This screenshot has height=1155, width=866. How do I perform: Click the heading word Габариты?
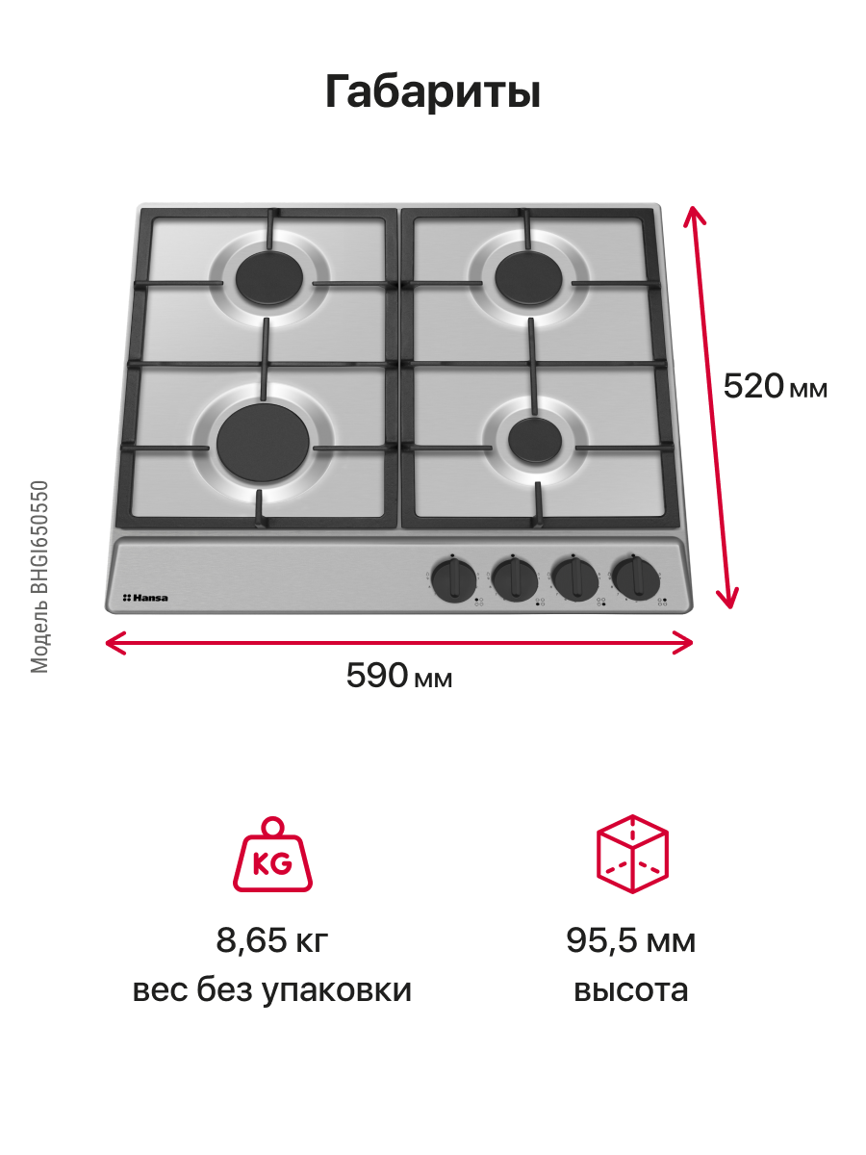pyautogui.click(x=432, y=91)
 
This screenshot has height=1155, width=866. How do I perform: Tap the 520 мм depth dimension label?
pyautogui.click(x=776, y=386)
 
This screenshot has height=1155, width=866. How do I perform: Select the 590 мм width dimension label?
pyautogui.click(x=399, y=675)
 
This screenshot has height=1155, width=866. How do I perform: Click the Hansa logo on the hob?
pyautogui.click(x=145, y=598)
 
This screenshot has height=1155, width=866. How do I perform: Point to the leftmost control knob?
pyautogui.click(x=454, y=580)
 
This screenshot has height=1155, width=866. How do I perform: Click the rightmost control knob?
pyautogui.click(x=636, y=577)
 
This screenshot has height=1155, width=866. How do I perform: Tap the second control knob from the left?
pyautogui.click(x=515, y=579)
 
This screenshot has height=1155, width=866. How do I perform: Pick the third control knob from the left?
pyautogui.click(x=575, y=578)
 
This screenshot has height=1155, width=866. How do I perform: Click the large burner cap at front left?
pyautogui.click(x=263, y=443)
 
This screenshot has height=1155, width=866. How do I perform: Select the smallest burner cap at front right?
pyautogui.click(x=535, y=441)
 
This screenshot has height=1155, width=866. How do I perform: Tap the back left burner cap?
pyautogui.click(x=269, y=278)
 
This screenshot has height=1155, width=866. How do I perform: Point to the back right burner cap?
pyautogui.click(x=528, y=277)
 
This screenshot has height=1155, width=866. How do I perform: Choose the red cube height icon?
pyautogui.click(x=632, y=854)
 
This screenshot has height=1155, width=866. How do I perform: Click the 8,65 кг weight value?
pyautogui.click(x=272, y=940)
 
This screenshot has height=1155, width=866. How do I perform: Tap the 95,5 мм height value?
pyautogui.click(x=631, y=940)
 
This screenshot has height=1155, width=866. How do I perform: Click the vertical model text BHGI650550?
pyautogui.click(x=39, y=537)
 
